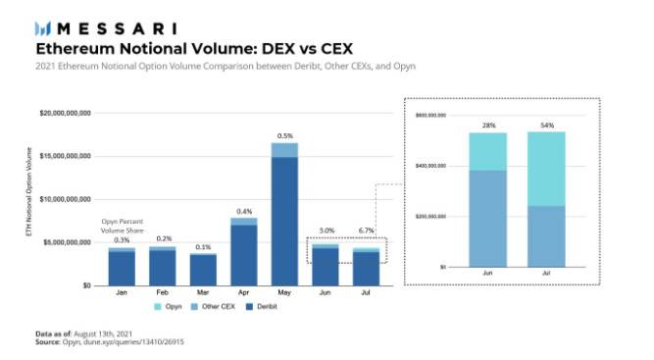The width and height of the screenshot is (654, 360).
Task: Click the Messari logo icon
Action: [x=42, y=28]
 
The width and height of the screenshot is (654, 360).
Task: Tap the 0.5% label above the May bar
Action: [x=285, y=135]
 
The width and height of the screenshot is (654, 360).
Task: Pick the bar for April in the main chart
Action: [x=244, y=251]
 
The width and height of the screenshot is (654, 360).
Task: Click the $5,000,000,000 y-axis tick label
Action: [x=67, y=242]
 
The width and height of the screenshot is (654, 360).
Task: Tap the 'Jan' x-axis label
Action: [x=122, y=293]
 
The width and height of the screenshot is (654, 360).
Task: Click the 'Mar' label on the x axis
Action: [x=203, y=293]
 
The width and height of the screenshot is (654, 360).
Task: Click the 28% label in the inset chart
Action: [x=487, y=126]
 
